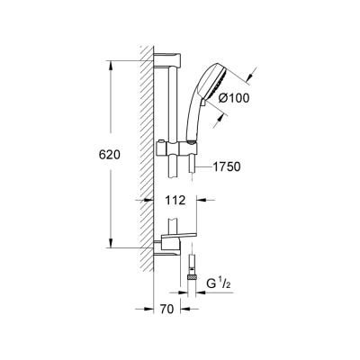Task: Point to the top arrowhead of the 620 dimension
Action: pos(112,65)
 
